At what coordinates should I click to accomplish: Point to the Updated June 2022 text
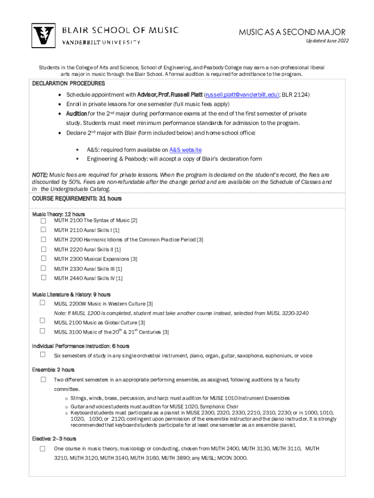tap(327, 41)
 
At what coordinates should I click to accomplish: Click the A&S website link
tap(185, 150)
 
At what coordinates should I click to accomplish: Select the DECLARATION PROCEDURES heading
tap(68, 84)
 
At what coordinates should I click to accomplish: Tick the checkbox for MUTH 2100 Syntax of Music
tap(43, 220)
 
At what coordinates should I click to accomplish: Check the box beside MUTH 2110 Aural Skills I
tap(43, 230)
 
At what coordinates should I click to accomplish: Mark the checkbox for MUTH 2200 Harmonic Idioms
tap(43, 239)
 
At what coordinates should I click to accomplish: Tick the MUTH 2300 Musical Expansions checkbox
tap(43, 258)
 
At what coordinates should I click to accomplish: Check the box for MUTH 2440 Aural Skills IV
tap(43, 278)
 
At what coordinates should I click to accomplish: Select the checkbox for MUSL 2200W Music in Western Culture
tap(43, 303)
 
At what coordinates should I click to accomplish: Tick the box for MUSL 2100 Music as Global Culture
tap(43, 321)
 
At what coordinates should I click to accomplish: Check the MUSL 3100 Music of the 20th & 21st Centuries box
tap(43, 331)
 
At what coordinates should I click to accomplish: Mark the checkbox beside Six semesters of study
tap(43, 355)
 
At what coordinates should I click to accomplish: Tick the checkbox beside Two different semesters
tap(43, 379)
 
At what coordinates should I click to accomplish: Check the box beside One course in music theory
tap(43, 448)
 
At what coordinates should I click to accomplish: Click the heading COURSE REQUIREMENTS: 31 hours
tap(77, 199)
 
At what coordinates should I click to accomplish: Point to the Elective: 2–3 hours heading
tap(54, 439)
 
